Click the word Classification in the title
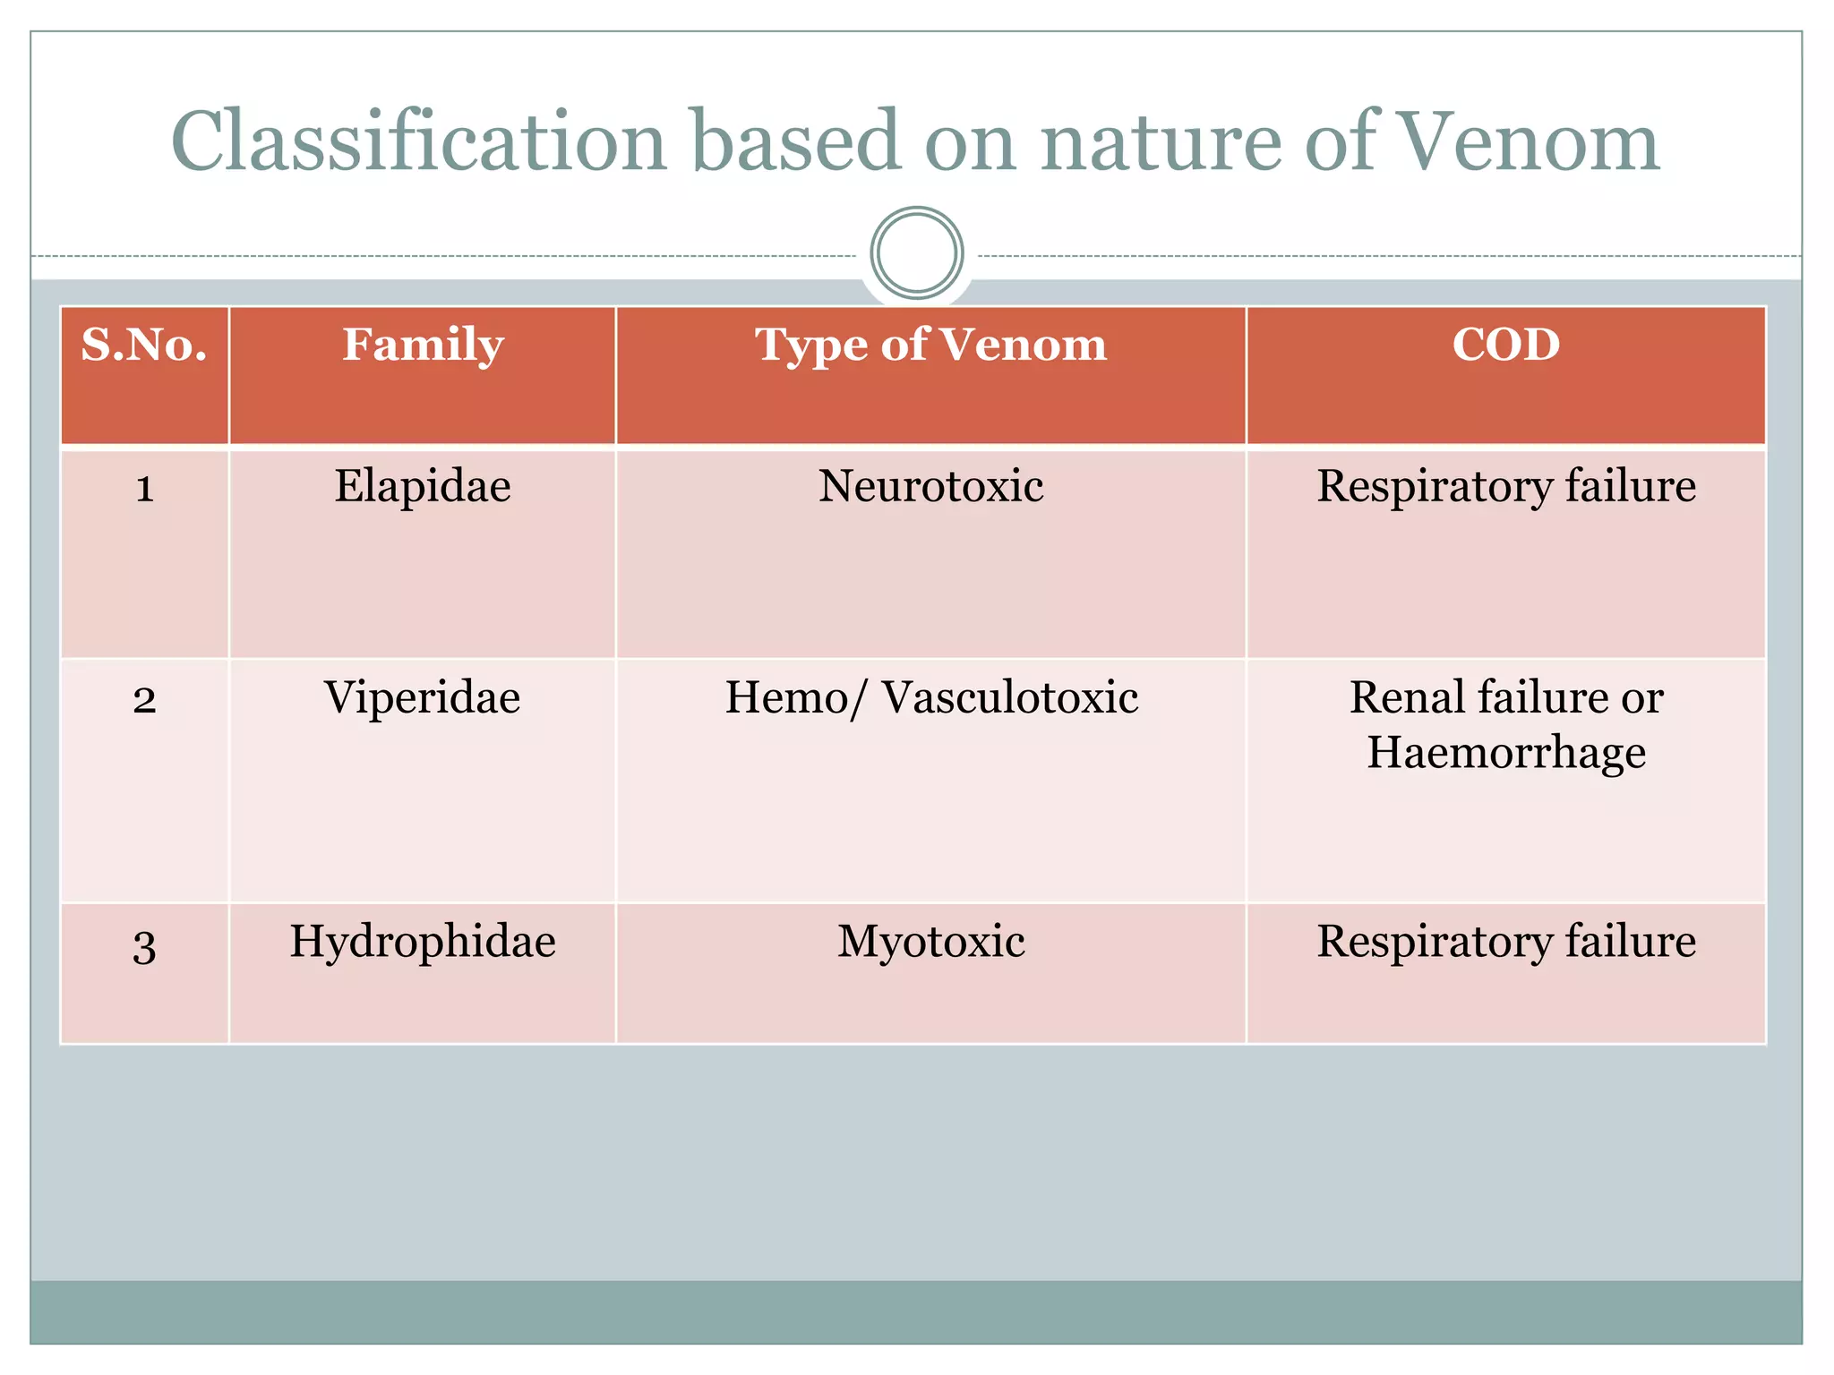[x=419, y=141]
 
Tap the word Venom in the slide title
[x=1528, y=141]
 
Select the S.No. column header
[x=144, y=345]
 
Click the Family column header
[x=423, y=345]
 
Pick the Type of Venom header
[x=930, y=345]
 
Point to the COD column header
[x=1506, y=345]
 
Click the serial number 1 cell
[x=144, y=489]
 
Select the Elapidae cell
[x=423, y=487]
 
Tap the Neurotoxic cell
[x=930, y=487]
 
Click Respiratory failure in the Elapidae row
[x=1506, y=487]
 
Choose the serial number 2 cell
[x=144, y=699]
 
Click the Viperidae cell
[x=423, y=697]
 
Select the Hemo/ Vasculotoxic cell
[x=930, y=697]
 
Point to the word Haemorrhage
[x=1506, y=752]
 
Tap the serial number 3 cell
[x=144, y=945]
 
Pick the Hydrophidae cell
[x=423, y=942]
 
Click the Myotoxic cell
[x=930, y=942]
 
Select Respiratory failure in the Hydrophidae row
[x=1506, y=942]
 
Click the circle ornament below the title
[x=916, y=253]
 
